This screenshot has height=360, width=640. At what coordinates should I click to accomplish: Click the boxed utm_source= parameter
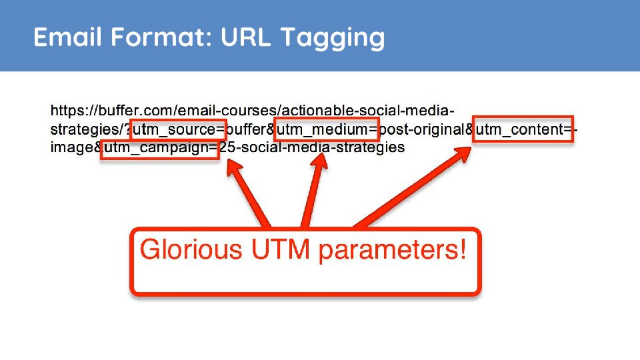[x=179, y=129]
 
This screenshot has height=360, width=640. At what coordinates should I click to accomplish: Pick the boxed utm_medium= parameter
[x=327, y=129]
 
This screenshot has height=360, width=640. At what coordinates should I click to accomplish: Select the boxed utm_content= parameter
[x=523, y=129]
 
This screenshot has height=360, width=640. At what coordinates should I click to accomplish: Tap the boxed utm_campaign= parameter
[x=160, y=148]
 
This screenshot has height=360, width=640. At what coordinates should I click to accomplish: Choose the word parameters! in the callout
[x=392, y=251]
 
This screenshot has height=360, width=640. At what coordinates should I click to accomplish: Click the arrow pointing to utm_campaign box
[x=247, y=193]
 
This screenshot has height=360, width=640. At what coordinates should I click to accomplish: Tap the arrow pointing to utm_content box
[x=412, y=187]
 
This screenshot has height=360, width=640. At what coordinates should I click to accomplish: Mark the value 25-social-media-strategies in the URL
[x=312, y=147]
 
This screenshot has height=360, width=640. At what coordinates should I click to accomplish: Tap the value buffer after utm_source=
[x=246, y=129]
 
